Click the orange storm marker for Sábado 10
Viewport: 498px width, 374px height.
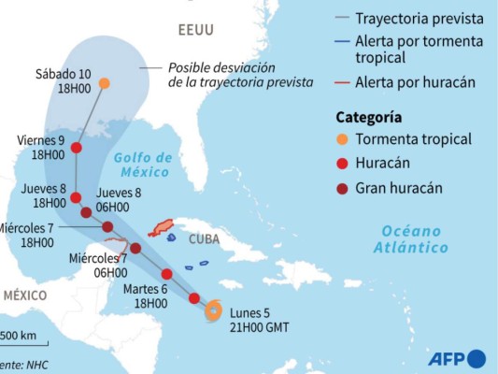click(104, 83)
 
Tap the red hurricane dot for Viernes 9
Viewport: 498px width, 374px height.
click(76, 148)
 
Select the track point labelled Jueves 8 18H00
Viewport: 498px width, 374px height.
click(76, 197)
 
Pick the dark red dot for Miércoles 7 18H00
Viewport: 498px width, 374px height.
click(107, 227)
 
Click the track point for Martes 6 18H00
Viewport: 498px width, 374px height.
click(166, 274)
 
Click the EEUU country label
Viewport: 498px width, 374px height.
click(195, 31)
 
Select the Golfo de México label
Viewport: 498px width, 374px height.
click(142, 165)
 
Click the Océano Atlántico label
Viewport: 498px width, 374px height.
click(410, 239)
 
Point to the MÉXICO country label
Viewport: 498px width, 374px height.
click(23, 295)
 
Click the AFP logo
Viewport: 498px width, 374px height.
click(457, 358)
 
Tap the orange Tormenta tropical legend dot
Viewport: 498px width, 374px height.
click(344, 139)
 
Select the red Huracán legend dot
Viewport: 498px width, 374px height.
click(344, 164)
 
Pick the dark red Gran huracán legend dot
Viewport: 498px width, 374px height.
click(344, 188)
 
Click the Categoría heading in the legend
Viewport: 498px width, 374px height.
click(369, 117)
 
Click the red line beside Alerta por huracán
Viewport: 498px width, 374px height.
click(342, 82)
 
